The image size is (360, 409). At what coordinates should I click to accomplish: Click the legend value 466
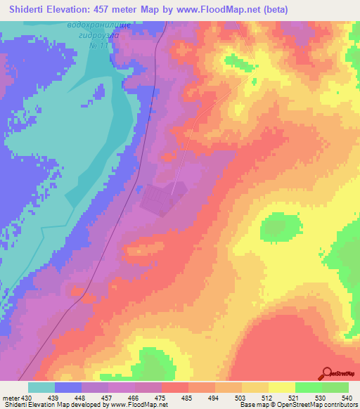click(x=135, y=397)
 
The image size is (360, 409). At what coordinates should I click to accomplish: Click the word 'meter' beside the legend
click(x=11, y=397)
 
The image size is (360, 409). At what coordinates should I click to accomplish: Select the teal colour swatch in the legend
click(x=41, y=387)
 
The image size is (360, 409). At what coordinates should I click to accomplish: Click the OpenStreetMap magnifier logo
click(x=326, y=372)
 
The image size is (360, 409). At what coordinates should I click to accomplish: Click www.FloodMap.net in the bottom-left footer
click(x=144, y=405)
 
